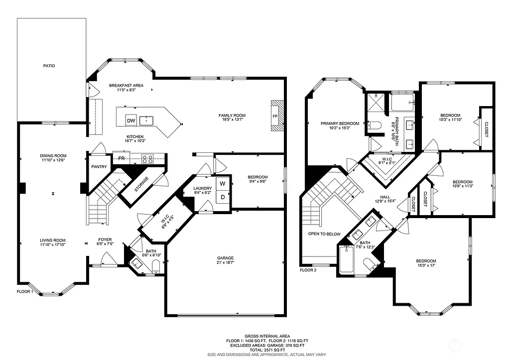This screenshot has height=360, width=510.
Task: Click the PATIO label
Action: (49, 66)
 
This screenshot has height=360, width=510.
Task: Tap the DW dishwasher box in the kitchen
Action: (131, 120)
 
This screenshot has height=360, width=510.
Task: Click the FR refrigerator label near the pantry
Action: (122, 159)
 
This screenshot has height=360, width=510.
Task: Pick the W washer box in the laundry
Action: (222, 183)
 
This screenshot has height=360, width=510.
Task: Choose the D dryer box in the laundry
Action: (222, 197)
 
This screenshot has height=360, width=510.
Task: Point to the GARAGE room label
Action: (225, 257)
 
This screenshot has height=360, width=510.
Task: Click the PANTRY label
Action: (99, 166)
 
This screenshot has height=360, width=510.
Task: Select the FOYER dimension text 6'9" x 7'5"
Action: (105, 244)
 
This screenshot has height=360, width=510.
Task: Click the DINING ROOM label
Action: (53, 156)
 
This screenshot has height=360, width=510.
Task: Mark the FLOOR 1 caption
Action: (25, 292)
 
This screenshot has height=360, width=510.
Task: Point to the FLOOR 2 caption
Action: (308, 270)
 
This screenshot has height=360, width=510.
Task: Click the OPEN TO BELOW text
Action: (324, 234)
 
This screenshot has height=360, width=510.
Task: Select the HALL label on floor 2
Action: (385, 197)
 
